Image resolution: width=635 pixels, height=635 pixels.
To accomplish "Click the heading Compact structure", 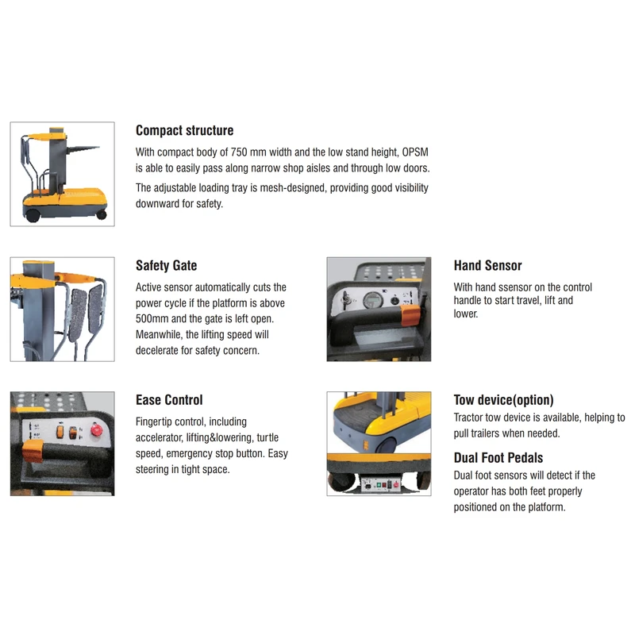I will coord(184,131).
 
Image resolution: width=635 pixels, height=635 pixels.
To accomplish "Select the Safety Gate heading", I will coord(166,266).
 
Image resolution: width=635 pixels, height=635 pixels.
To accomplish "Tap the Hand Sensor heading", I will coord(487,266).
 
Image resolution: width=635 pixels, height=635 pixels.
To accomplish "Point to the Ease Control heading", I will coord(169,400).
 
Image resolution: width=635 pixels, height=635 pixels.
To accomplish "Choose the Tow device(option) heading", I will coord(503,400).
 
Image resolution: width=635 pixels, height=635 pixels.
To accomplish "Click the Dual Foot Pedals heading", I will coord(498,457).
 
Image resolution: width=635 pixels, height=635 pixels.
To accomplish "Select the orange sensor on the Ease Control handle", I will coord(32,453).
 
